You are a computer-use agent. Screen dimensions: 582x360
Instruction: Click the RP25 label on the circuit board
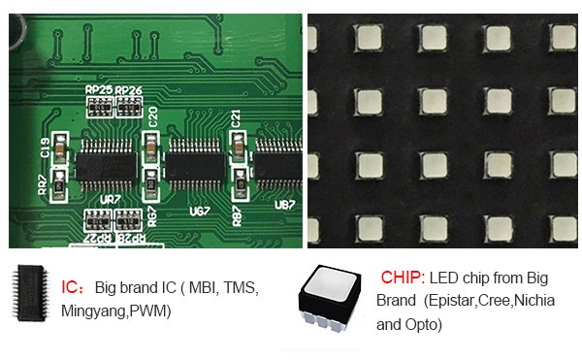[x=99, y=90]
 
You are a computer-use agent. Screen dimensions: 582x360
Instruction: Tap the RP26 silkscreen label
[x=128, y=90]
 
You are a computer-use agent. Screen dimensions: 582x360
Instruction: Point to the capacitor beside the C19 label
[x=60, y=153]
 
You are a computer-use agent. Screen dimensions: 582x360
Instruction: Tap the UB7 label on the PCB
[x=284, y=205]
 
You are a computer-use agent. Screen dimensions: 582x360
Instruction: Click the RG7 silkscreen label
[x=152, y=213]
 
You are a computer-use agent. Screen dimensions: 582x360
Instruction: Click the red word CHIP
[x=402, y=277]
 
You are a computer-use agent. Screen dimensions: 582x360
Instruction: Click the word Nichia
[x=534, y=300]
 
